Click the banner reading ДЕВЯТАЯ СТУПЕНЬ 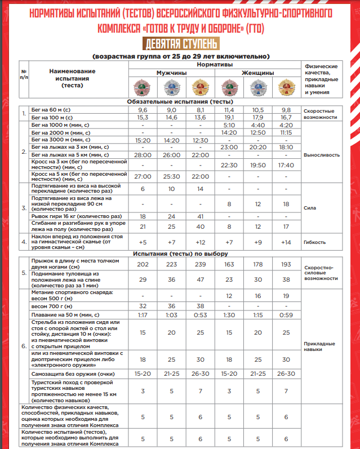180,44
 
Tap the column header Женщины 257,73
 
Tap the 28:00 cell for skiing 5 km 143,154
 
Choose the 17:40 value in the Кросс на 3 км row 287,165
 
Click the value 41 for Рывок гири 199,216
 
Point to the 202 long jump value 143,264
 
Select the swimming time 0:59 287,314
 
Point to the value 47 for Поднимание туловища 199,280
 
